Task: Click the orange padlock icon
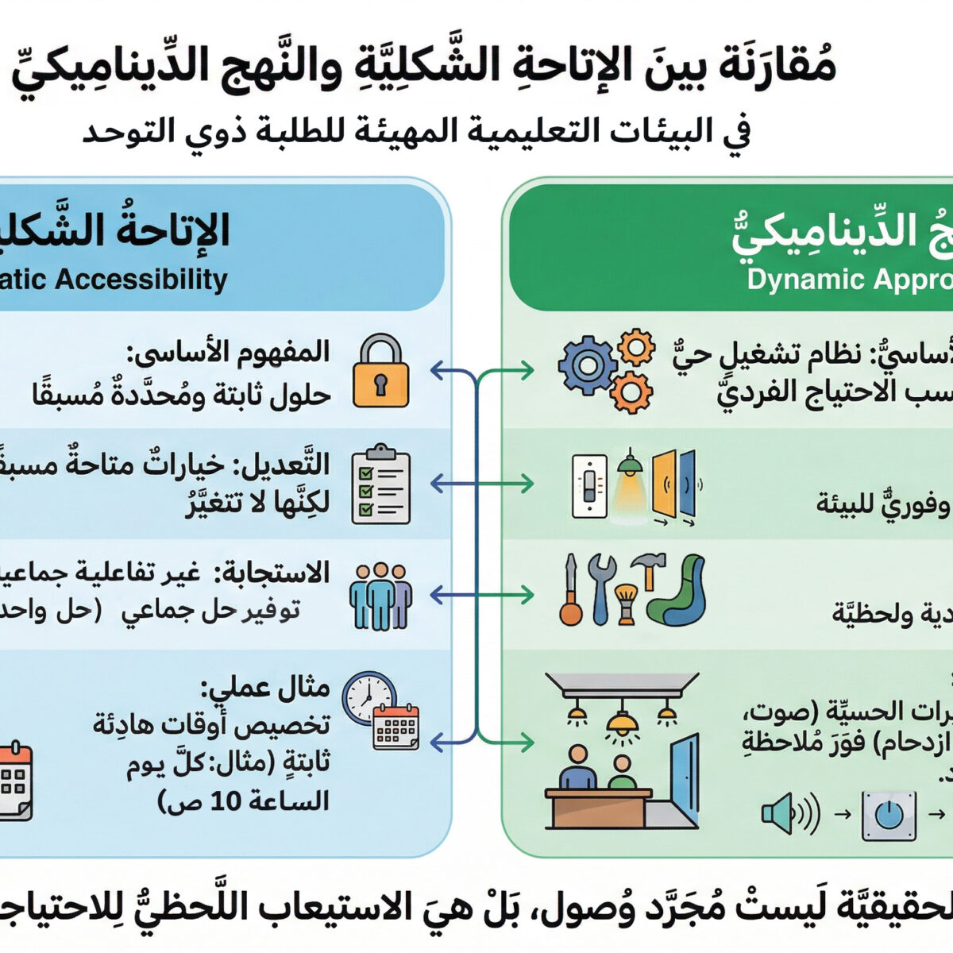[x=381, y=372]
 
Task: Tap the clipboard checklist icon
[x=381, y=484]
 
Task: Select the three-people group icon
[x=381, y=596]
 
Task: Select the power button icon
[x=889, y=815]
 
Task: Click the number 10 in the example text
[x=226, y=801]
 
